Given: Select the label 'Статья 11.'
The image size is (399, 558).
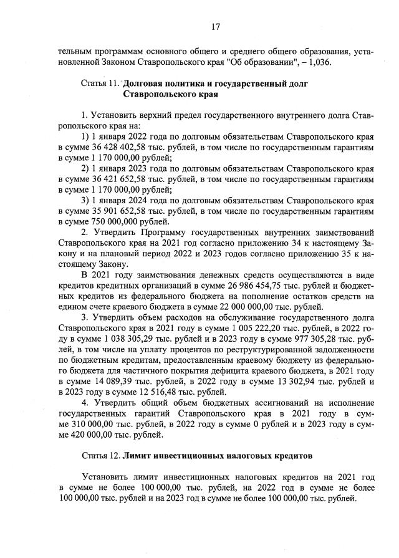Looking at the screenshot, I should click(x=101, y=83).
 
